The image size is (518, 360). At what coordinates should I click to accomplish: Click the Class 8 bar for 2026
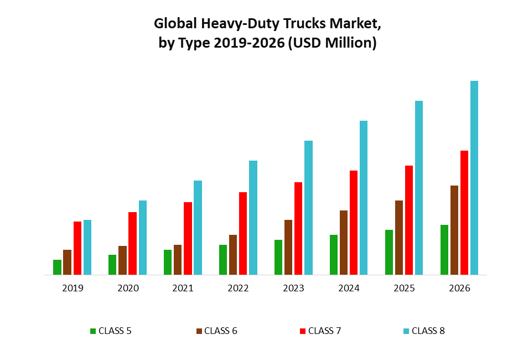pos(474,177)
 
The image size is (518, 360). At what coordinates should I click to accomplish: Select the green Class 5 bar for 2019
pos(57,267)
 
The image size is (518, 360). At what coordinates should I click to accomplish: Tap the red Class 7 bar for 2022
pos(243,233)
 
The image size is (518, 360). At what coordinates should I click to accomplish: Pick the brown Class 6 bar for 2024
pos(344,242)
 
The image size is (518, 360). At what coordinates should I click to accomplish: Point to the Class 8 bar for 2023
pos(308,208)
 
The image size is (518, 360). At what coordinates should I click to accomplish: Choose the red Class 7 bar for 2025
pos(409,220)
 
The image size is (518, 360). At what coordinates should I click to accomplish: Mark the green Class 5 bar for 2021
pos(168,262)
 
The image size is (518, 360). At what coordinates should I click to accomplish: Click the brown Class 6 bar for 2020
pos(122,260)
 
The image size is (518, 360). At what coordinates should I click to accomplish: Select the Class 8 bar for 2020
pos(143,237)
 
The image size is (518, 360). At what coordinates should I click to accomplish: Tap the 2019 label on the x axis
pos(72,289)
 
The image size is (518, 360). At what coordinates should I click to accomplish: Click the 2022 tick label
pos(238,289)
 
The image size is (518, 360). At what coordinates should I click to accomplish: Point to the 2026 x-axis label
pos(459,289)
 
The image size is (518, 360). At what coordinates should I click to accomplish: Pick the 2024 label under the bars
pos(349,289)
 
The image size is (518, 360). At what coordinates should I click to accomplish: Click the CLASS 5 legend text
pos(115,331)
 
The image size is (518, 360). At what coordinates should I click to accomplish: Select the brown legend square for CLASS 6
pos(199,331)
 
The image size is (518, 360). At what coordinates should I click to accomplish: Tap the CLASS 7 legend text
pos(325,331)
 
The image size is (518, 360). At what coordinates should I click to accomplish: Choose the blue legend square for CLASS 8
pos(406,331)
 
